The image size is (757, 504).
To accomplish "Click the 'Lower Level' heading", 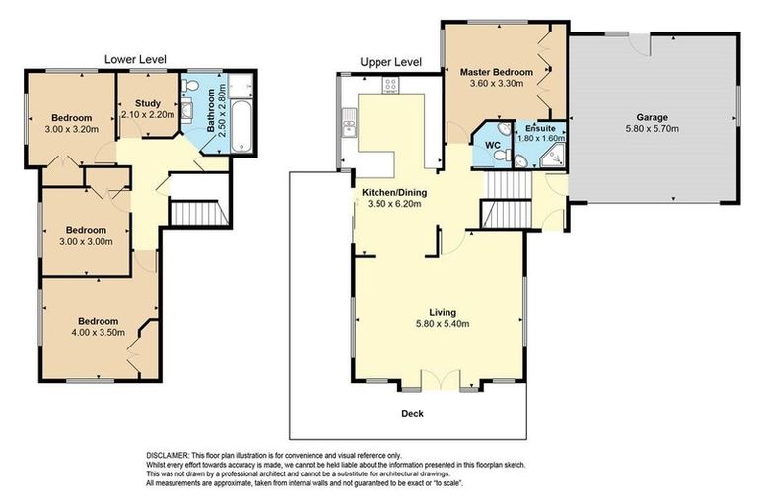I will point(135,59).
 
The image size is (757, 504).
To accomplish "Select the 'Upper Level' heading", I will point(391,61).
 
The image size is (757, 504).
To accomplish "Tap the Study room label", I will point(148,102).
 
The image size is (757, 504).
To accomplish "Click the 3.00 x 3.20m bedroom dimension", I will point(73,129).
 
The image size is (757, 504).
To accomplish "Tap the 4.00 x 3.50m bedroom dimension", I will point(99,333).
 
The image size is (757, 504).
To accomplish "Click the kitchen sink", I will point(348,125).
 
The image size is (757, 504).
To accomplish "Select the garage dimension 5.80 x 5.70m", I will point(652,129).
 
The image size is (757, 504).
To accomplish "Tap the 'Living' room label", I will point(442,312).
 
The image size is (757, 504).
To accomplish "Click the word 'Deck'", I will point(414,414).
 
